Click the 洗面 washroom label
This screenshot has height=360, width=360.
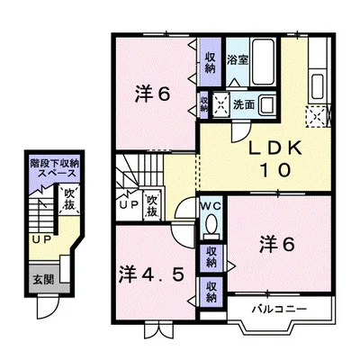[243, 103]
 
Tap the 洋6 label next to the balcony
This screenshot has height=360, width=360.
[276, 243]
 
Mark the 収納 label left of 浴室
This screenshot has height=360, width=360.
[209, 61]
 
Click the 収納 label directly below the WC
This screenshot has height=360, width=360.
[209, 256]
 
